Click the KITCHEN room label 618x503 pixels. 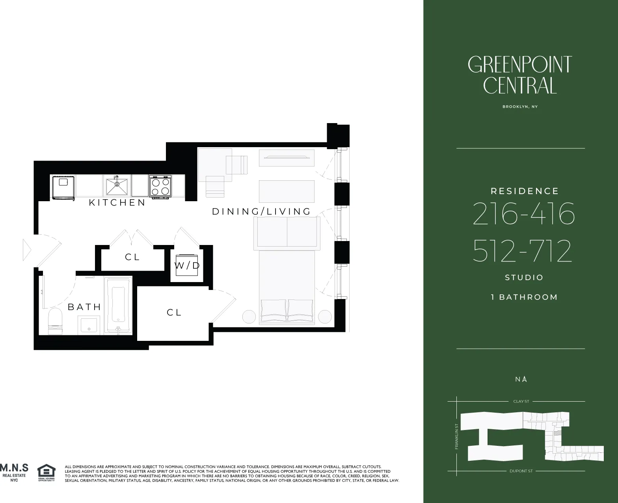[x=117, y=203]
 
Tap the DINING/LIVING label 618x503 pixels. [x=261, y=211]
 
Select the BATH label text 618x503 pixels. [x=84, y=307]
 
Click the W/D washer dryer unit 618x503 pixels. [x=187, y=266]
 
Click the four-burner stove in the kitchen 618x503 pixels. [x=160, y=186]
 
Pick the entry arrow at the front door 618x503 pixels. [x=27, y=250]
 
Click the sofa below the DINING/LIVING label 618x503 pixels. [x=287, y=233]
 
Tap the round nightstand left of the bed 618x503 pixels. [x=249, y=317]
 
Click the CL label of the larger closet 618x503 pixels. [x=174, y=312]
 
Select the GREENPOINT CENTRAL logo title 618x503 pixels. [x=520, y=75]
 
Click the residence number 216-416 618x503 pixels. [x=523, y=214]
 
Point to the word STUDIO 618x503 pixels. [x=524, y=278]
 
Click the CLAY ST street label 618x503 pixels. [x=521, y=402]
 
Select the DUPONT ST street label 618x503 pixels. [x=521, y=471]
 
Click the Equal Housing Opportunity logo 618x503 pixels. [x=46, y=472]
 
